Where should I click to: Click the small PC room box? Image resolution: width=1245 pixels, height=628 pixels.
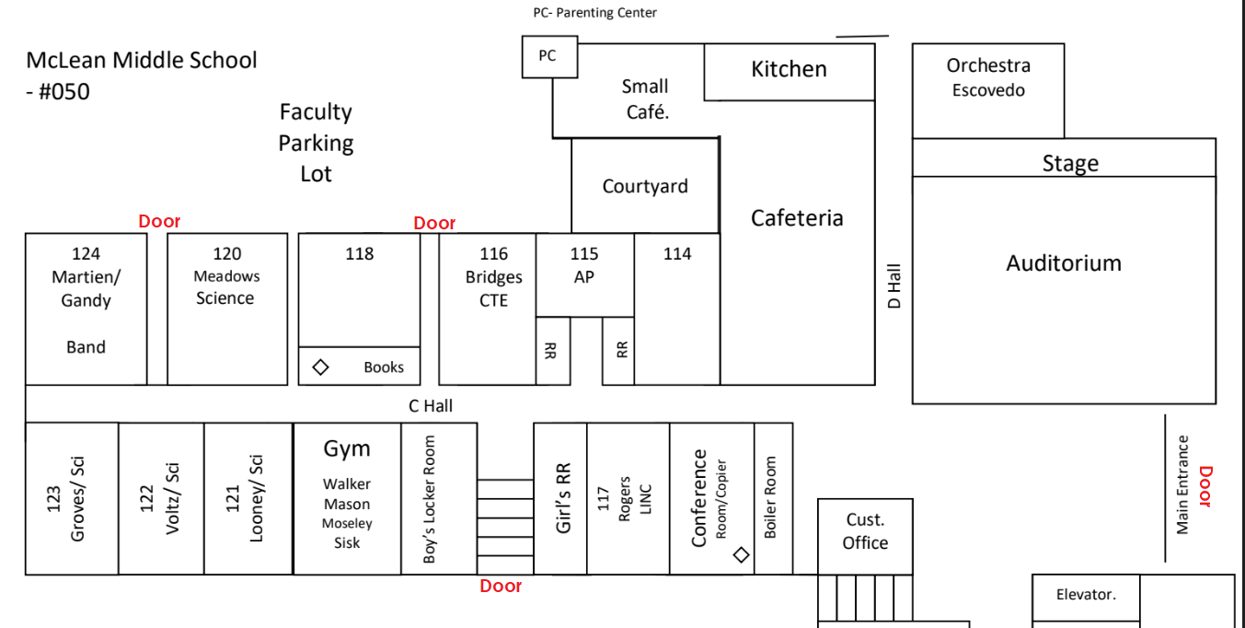(x=548, y=56)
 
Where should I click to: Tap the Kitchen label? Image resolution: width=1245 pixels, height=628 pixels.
(x=789, y=69)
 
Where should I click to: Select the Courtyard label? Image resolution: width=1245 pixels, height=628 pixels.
(x=645, y=186)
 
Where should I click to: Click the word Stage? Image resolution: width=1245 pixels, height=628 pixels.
(x=1070, y=163)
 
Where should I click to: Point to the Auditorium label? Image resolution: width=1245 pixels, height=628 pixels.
(x=1064, y=263)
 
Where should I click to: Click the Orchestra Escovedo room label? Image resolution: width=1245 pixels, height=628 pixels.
(x=988, y=77)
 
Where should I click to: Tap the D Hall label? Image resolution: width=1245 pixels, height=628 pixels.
(x=894, y=287)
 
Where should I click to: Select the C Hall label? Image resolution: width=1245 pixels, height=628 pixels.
(x=431, y=405)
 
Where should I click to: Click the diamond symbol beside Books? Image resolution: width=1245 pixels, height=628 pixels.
(x=320, y=366)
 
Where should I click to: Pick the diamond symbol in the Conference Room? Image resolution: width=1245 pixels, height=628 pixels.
(x=741, y=554)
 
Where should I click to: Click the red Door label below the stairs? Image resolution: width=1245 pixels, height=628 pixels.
(x=501, y=586)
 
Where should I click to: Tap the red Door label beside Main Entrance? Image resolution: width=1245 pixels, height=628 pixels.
(x=1205, y=486)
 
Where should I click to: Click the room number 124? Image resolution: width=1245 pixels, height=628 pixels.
(x=86, y=254)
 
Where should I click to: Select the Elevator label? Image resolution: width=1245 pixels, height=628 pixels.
(x=1086, y=595)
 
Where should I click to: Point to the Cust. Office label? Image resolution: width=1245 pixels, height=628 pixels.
(x=865, y=531)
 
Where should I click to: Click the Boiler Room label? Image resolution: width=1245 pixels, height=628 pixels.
(x=771, y=497)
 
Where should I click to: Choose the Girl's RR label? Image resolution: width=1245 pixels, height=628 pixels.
(x=564, y=497)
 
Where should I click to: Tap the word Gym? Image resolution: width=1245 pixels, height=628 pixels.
(x=347, y=449)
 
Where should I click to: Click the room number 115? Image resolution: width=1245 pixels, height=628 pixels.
(x=584, y=254)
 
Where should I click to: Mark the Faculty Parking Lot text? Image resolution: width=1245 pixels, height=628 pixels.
(x=316, y=143)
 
